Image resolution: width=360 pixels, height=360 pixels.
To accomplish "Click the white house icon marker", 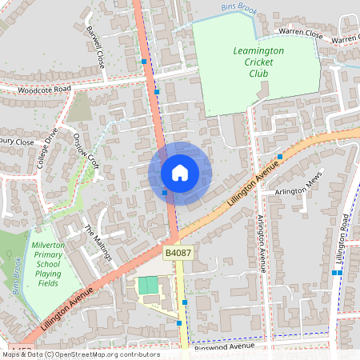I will tap(180, 172).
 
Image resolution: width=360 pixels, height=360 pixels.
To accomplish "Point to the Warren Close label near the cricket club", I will tap(300, 34).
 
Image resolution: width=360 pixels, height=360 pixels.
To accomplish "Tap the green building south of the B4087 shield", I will tap(149, 285).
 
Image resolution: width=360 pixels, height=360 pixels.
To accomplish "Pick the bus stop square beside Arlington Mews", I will tap(280, 157).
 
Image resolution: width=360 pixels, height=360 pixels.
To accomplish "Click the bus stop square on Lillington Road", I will tap(337, 273).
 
